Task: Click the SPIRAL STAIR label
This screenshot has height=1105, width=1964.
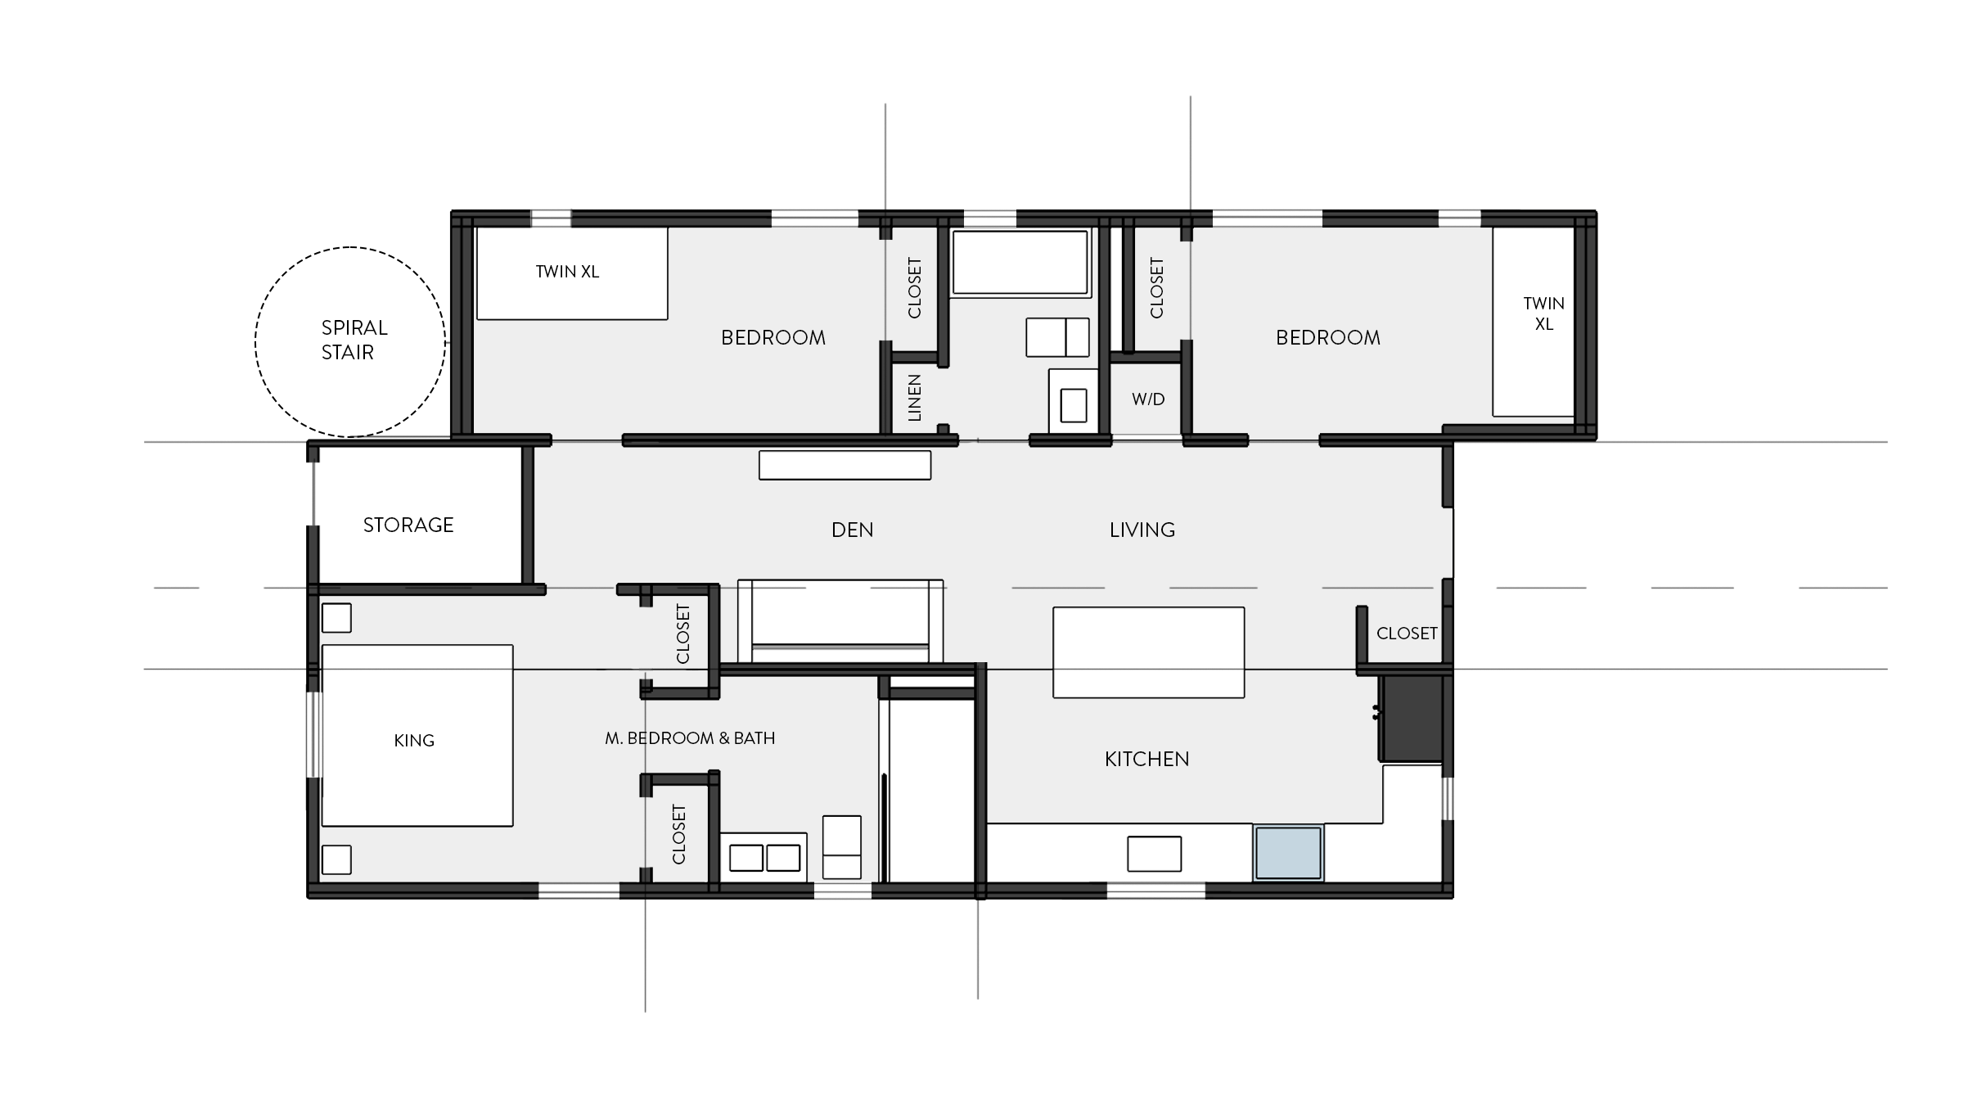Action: [x=353, y=340]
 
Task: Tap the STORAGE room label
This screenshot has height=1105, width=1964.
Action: [x=408, y=525]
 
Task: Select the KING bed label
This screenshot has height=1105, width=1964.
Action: [x=414, y=740]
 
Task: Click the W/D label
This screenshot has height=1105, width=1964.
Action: [x=1147, y=399]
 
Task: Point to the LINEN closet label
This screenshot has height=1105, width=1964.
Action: [x=915, y=398]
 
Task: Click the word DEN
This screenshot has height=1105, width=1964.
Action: [x=852, y=530]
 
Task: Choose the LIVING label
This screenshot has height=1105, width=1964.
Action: [x=1142, y=530]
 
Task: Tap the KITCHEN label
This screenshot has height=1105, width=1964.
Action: [x=1146, y=759]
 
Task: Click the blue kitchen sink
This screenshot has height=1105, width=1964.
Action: [x=1288, y=853]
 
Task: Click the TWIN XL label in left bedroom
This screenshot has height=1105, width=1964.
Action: [x=567, y=272]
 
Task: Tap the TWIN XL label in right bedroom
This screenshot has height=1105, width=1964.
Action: [x=1543, y=313]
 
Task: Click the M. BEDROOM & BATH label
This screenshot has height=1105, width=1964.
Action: [x=690, y=738]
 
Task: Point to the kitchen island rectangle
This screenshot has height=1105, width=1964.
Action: [x=1148, y=652]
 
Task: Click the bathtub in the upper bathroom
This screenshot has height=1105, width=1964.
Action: [x=1020, y=262]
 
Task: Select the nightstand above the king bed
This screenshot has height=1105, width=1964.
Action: [x=336, y=618]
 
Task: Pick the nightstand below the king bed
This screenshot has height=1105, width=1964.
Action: [x=336, y=859]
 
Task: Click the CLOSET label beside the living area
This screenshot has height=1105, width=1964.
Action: [x=1406, y=634]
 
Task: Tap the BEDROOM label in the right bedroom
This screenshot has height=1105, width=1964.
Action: [x=1327, y=337]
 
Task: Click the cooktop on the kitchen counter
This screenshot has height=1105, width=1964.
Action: [x=1154, y=854]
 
